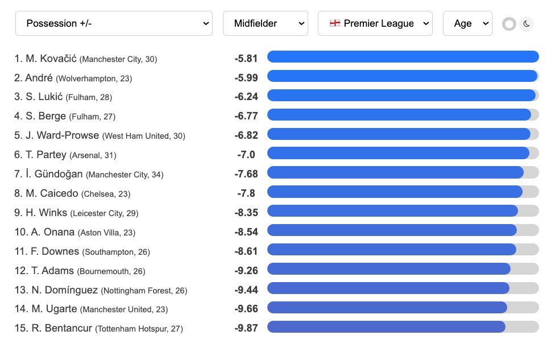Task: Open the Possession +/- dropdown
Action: coord(114,23)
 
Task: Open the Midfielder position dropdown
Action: coord(265,23)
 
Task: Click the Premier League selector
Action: coord(375,23)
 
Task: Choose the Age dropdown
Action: coord(467,23)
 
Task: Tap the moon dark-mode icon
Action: coord(527,24)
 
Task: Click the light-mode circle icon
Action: coord(509,24)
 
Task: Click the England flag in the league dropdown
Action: coord(335,23)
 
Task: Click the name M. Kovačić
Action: coord(49,58)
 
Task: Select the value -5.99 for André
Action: coord(246,78)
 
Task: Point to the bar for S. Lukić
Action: coord(401,96)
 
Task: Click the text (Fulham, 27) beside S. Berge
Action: coord(92,117)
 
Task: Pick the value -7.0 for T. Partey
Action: coord(246,155)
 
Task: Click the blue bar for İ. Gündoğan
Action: coord(395,172)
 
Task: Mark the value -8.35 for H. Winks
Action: coord(246,213)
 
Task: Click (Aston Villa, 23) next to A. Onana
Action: coord(106,233)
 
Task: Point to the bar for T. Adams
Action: coord(388,269)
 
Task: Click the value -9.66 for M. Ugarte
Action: coord(246,309)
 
